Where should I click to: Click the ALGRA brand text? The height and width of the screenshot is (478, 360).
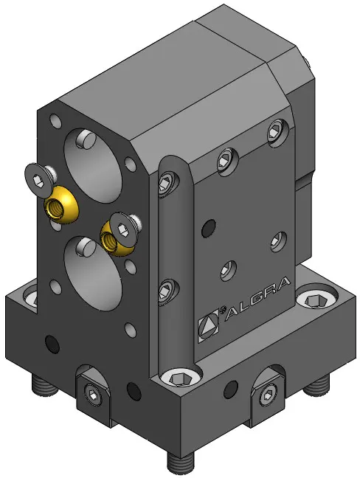(257, 298)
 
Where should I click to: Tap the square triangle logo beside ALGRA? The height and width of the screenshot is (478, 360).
(208, 325)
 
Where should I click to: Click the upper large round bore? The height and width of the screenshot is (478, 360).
(93, 165)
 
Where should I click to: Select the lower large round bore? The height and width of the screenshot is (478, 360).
(93, 274)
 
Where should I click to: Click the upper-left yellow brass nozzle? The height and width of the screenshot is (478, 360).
(60, 205)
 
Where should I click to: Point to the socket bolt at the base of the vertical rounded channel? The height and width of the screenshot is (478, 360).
(181, 378)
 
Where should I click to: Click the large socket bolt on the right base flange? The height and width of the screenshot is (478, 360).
(316, 300)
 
